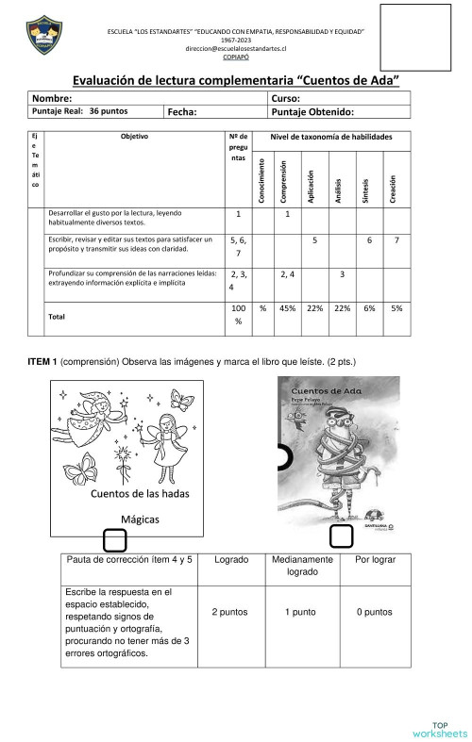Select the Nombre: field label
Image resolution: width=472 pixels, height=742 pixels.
(x=53, y=98)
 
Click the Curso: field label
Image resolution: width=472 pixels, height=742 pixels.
(x=285, y=98)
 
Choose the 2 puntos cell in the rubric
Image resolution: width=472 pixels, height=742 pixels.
(x=231, y=613)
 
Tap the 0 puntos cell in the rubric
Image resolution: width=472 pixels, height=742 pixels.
(x=375, y=613)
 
